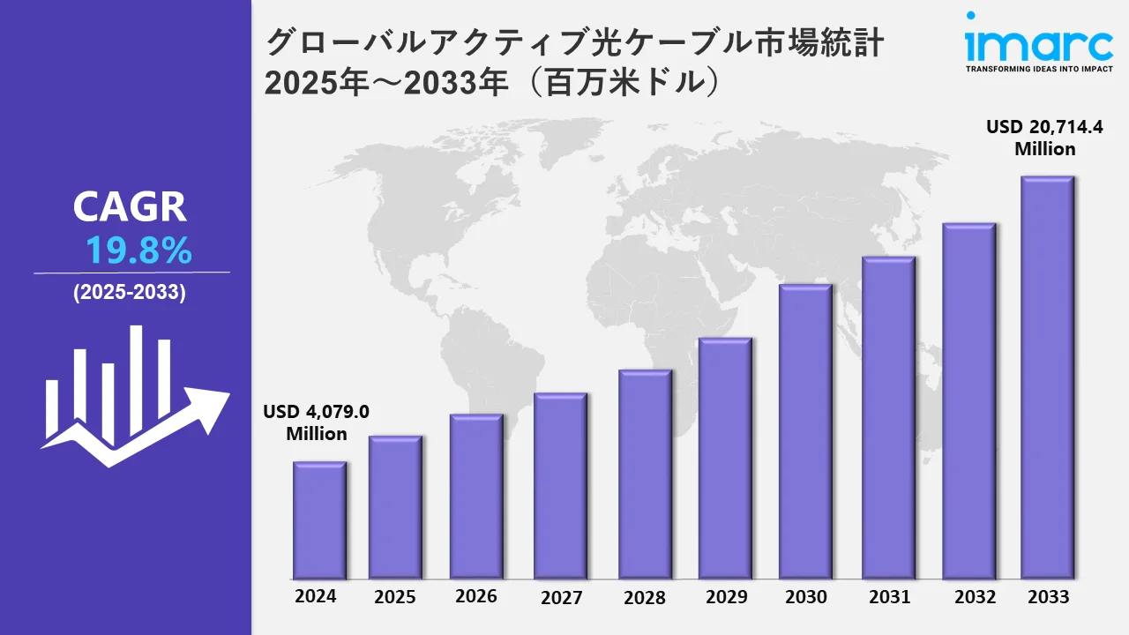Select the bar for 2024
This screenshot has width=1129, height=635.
(319, 520)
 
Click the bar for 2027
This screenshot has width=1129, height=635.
(560, 486)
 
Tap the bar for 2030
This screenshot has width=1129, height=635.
(805, 432)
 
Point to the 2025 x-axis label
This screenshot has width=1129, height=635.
(395, 597)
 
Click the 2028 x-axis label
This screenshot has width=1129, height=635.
(644, 597)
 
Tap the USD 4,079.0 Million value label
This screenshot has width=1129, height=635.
(316, 422)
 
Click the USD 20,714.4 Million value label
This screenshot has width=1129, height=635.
(1044, 138)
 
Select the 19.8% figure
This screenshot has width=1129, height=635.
(138, 252)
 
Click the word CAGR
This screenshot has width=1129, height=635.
(130, 207)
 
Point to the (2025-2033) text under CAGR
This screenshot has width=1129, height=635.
(130, 294)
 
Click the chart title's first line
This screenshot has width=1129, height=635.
(574, 42)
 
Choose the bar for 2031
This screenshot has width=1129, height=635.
(888, 418)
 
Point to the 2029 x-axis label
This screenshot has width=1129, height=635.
(727, 597)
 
